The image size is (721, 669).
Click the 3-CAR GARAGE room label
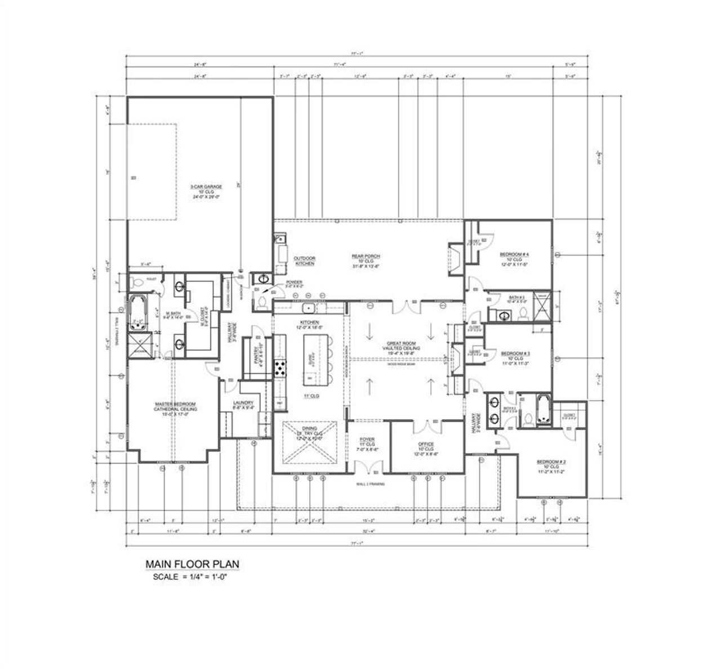(x=206, y=187)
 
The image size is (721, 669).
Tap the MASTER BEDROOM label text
(x=176, y=405)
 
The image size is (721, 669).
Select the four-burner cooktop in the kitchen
(x=279, y=369)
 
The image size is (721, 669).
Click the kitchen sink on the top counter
(x=308, y=308)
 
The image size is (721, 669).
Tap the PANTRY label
(x=255, y=356)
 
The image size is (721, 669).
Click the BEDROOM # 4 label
(x=514, y=255)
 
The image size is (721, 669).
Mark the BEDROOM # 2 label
(x=551, y=462)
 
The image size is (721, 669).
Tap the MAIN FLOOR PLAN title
(x=193, y=564)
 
